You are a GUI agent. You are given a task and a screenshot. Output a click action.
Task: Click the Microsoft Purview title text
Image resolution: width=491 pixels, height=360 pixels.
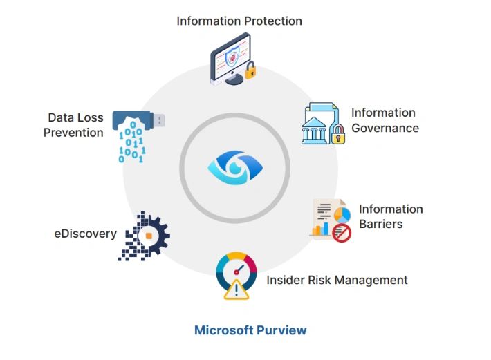point(250,330)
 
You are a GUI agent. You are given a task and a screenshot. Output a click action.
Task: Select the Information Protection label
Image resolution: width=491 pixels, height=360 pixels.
point(239,21)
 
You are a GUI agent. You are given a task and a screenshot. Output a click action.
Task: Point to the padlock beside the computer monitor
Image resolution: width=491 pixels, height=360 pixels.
point(250,70)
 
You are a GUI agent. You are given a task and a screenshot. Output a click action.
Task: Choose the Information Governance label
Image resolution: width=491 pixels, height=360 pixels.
point(385,120)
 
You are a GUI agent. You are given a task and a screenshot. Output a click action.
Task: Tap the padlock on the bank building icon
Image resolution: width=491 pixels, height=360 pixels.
point(337,135)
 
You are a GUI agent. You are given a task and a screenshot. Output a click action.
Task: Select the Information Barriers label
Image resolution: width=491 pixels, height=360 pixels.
point(390,216)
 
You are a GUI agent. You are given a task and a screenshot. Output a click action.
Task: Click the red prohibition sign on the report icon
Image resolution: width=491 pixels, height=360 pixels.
point(342,234)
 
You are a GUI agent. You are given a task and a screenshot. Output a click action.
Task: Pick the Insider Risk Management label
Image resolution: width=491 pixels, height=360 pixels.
point(337,280)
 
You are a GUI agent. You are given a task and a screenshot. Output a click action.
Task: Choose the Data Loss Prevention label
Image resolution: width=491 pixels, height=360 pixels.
point(74,125)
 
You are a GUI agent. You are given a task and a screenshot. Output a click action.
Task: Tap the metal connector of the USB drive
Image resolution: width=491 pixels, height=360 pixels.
point(159,121)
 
